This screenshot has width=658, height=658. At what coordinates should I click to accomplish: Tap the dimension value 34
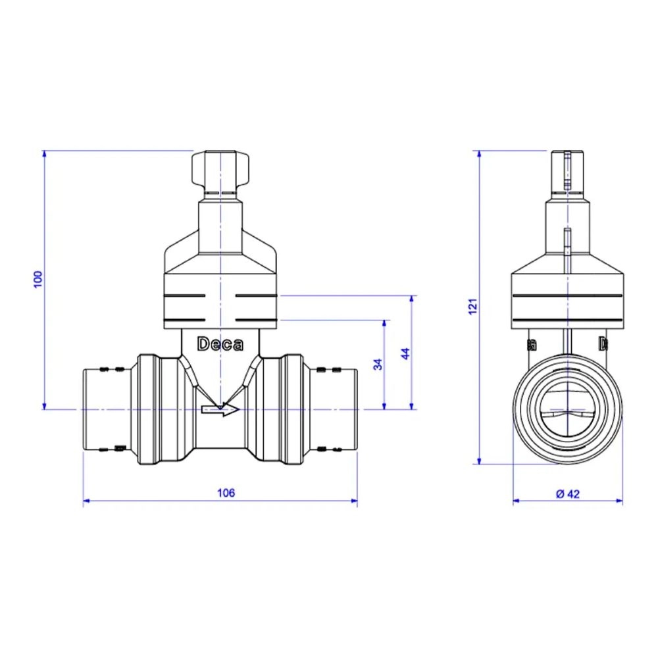click(378, 364)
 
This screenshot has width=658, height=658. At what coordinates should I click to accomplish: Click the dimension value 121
click(471, 307)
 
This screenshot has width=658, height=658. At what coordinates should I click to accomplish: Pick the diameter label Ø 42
click(567, 493)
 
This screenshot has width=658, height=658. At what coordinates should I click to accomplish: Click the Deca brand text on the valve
click(220, 344)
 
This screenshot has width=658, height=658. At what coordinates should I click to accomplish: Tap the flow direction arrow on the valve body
click(220, 411)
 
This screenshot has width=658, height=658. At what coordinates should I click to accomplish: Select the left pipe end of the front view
click(99, 410)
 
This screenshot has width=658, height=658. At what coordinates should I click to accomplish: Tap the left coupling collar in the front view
click(158, 410)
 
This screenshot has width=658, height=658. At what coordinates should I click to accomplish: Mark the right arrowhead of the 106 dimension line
click(355, 502)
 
